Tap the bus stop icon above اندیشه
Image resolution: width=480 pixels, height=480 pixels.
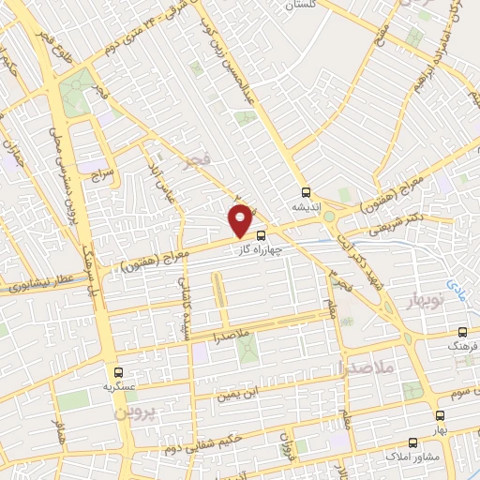tap(305, 191)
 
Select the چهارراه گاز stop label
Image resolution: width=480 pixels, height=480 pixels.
tap(278, 248)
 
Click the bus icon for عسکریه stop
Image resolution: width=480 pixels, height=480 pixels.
tap(116, 371)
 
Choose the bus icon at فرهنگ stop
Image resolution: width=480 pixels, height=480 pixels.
tap(463, 332)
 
